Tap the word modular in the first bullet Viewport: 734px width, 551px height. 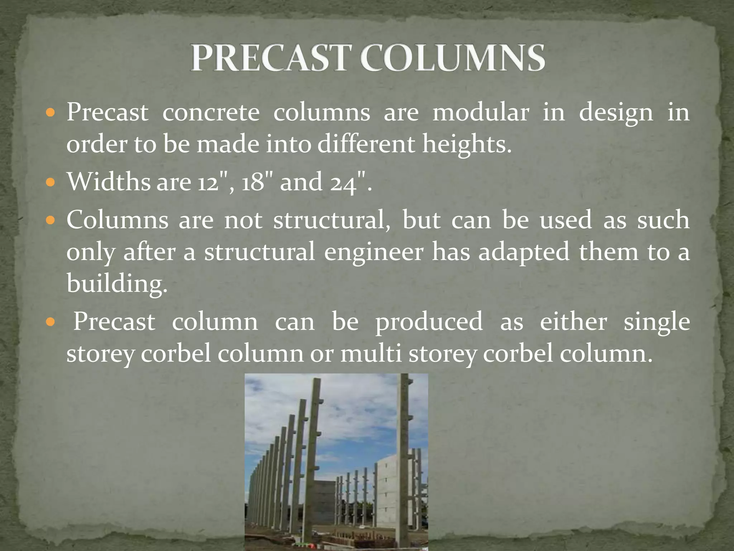click(x=481, y=113)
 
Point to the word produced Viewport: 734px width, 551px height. click(x=429, y=322)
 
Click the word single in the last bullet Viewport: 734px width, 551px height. click(x=657, y=322)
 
